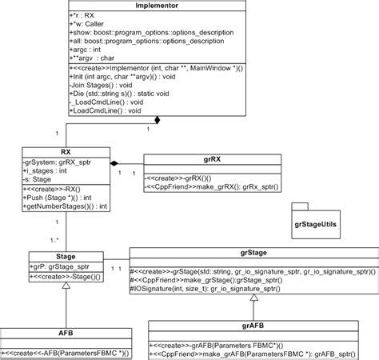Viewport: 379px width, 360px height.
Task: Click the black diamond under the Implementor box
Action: click(x=158, y=121)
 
